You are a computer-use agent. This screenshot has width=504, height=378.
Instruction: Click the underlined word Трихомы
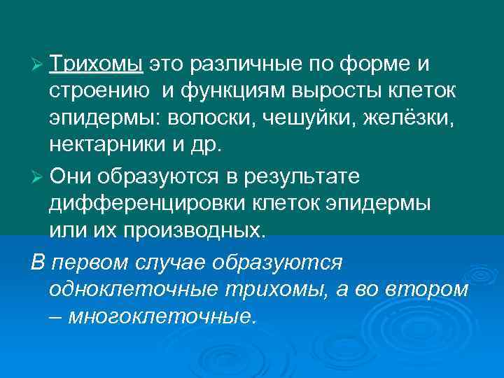click(x=96, y=65)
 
